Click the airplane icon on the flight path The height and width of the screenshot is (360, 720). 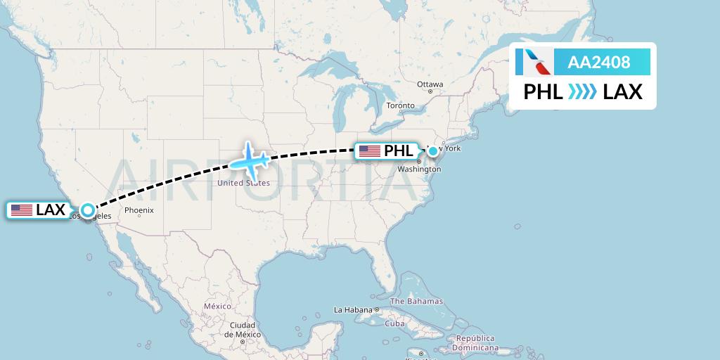[250, 160]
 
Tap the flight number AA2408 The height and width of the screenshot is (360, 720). [599, 63]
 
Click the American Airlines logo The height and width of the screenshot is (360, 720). [534, 62]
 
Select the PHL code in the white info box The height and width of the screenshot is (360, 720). [543, 91]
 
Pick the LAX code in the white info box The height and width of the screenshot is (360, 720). [622, 91]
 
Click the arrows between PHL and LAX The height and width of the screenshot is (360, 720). [583, 91]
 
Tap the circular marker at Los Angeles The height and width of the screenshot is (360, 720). [87, 210]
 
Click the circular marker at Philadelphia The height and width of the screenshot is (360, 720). [433, 150]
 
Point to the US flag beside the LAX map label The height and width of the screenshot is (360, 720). [22, 210]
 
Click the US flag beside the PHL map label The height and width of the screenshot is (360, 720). [369, 151]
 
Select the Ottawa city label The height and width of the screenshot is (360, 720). [430, 84]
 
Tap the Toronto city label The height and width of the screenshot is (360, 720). [401, 106]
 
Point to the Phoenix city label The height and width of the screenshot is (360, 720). [139, 210]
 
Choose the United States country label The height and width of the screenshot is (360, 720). [243, 183]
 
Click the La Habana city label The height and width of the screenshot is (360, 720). [352, 309]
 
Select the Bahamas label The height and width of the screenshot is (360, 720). [416, 302]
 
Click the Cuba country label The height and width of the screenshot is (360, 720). [395, 323]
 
